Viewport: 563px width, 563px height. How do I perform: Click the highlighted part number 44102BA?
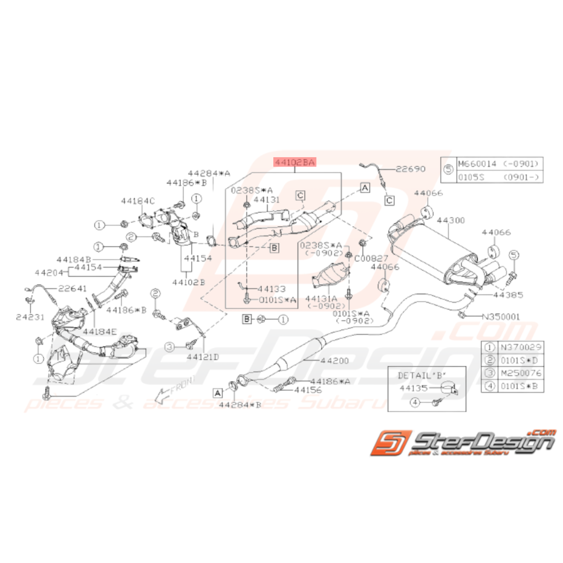click(295, 162)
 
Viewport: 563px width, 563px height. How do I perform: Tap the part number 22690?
click(411, 170)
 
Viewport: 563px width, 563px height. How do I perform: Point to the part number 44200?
click(335, 361)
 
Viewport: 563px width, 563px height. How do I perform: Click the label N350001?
click(501, 316)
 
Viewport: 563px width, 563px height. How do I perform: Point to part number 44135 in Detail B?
click(411, 389)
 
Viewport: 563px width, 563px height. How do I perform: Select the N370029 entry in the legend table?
click(518, 347)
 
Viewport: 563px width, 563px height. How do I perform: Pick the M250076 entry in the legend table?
click(518, 373)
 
